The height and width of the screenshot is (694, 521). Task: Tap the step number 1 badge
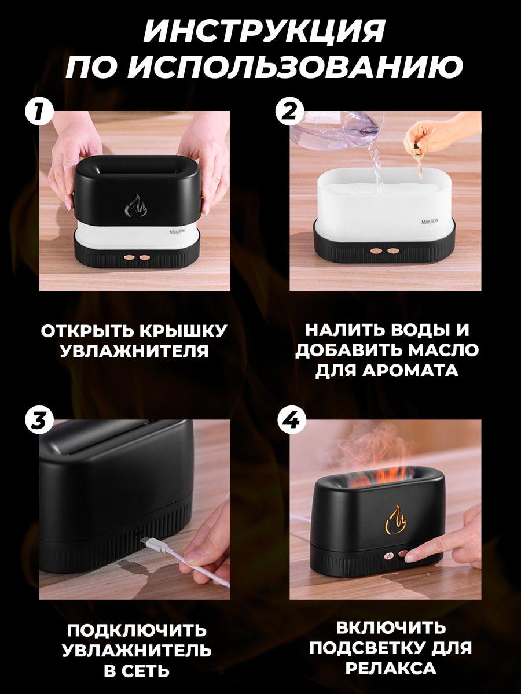[39, 111]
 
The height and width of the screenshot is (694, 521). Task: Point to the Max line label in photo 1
[177, 232]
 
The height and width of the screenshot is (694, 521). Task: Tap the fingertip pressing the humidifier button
[413, 556]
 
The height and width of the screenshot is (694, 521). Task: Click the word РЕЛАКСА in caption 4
[390, 669]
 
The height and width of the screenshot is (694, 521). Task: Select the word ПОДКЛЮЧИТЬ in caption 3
[136, 630]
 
